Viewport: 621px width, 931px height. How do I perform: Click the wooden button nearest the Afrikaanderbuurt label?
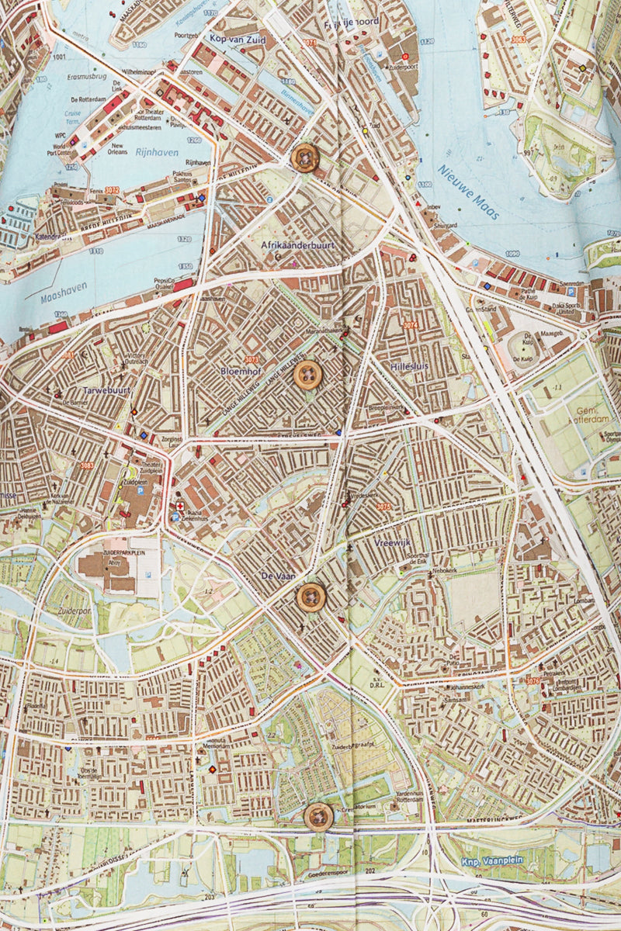pos(304,157)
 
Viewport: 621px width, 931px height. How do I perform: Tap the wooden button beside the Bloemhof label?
pos(308,375)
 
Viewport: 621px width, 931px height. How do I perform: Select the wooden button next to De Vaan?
pos(311,597)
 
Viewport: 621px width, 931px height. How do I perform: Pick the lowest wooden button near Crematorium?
pos(318,817)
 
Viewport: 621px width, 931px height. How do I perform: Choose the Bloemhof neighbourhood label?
pos(241,372)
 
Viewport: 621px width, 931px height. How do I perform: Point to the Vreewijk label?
pos(392,543)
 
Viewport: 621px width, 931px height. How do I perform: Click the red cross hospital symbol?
pos(180,506)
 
